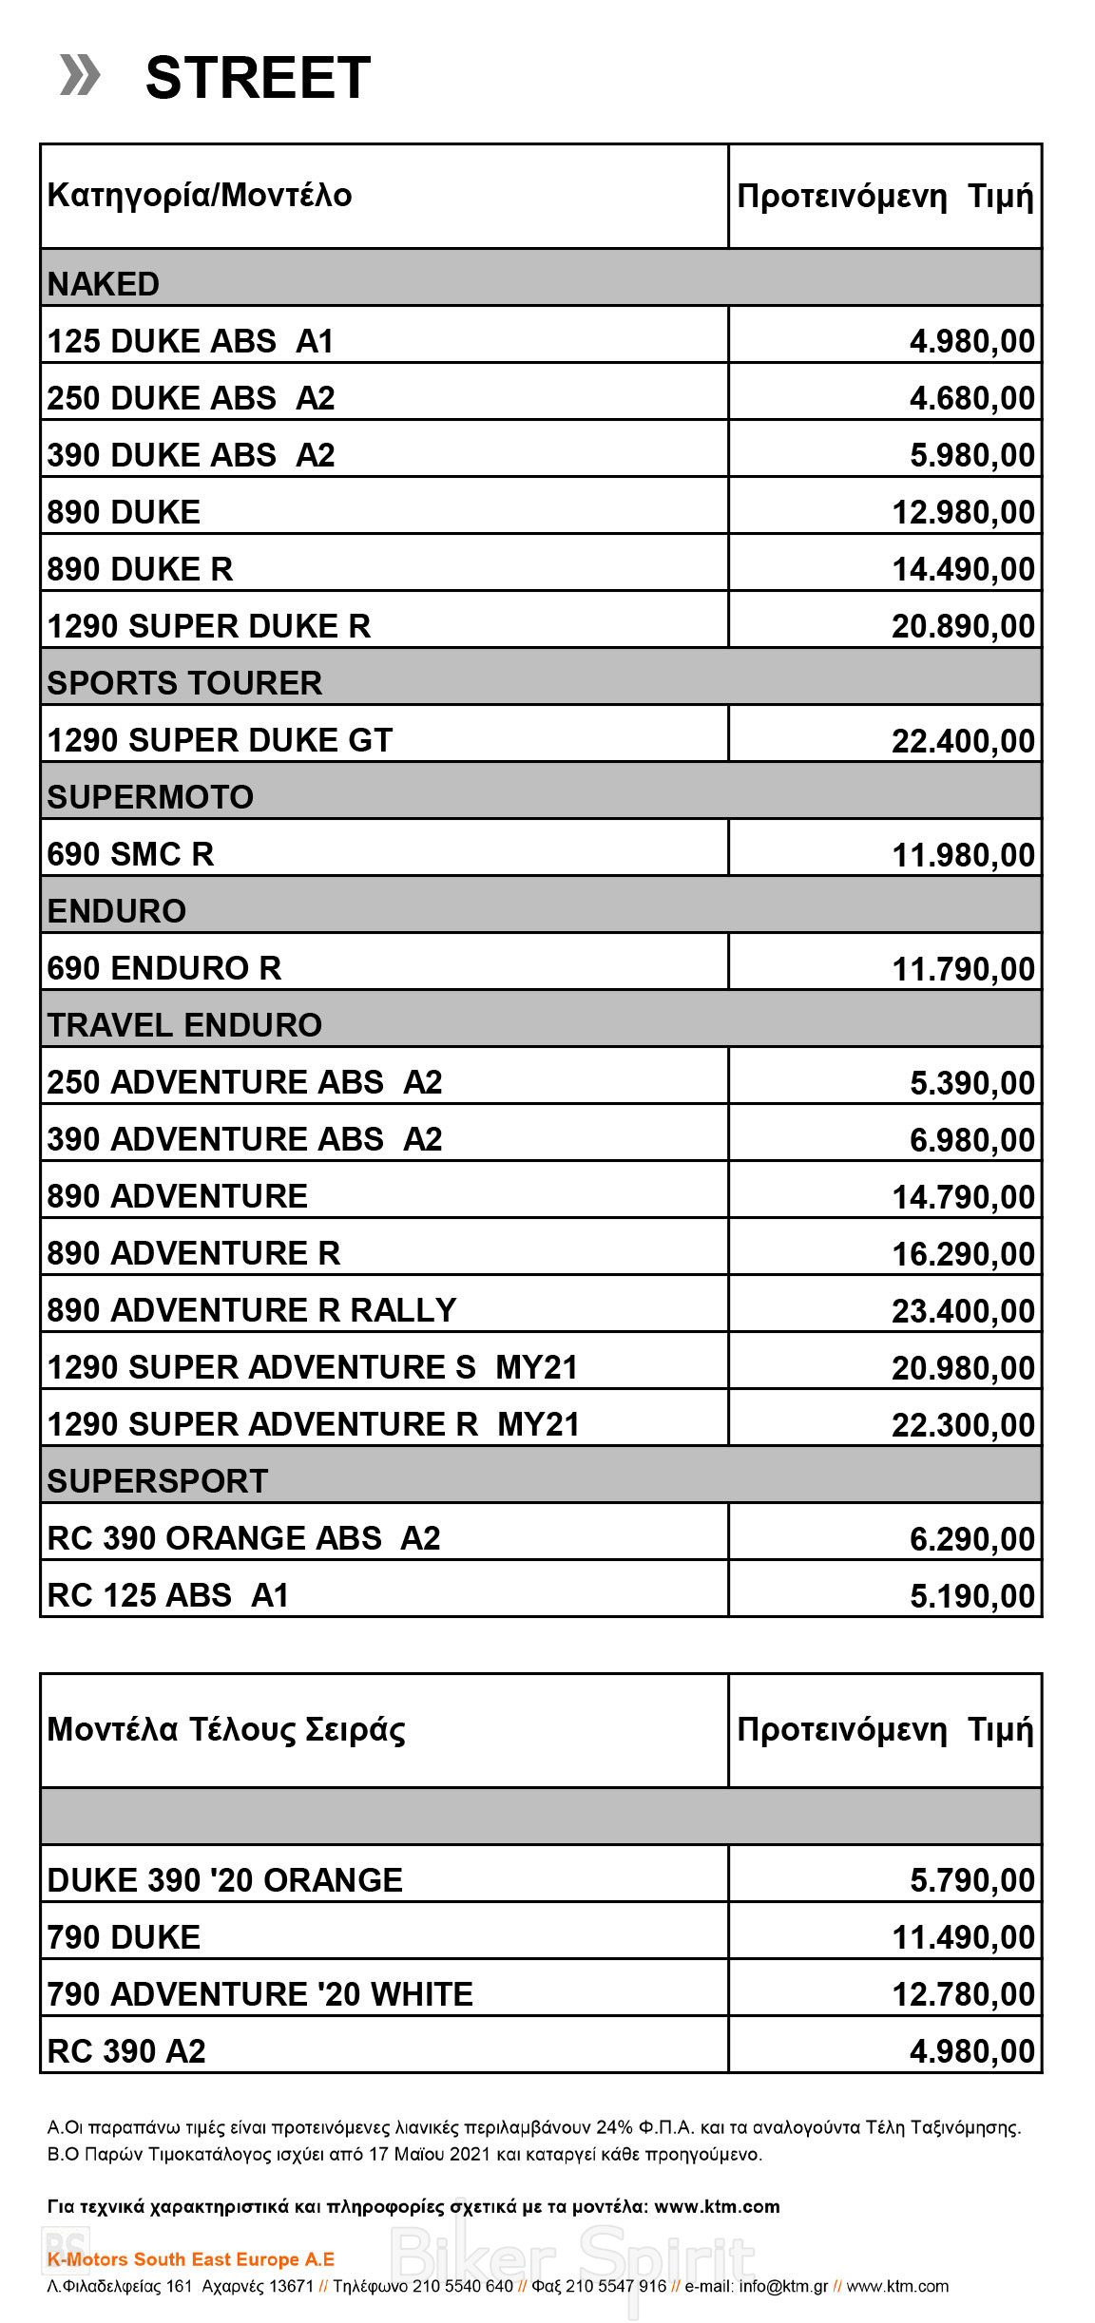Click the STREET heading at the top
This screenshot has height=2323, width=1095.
(258, 78)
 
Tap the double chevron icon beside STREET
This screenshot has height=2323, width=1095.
(80, 76)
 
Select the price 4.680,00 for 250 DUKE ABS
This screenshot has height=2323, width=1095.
(971, 398)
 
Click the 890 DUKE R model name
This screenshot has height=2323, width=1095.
(141, 569)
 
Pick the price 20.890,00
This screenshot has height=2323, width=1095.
(963, 626)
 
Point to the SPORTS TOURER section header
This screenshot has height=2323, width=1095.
(185, 683)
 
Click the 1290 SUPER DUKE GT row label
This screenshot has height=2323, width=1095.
(220, 740)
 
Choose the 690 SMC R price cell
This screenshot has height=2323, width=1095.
(963, 855)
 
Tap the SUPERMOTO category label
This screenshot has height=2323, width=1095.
(151, 797)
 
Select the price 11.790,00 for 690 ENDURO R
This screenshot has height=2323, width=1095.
(963, 969)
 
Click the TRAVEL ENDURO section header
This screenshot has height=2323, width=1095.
(185, 1025)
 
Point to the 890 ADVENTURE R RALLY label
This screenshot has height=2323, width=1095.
(252, 1310)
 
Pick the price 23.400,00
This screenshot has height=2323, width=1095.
(963, 1311)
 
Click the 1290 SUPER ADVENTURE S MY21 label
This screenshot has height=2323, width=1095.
(313, 1367)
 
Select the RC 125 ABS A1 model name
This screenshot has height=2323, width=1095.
(168, 1595)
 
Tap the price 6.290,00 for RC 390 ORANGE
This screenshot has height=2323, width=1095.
(971, 1539)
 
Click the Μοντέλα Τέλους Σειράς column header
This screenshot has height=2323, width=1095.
(226, 1729)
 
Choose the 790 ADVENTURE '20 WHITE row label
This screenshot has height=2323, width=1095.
(260, 1994)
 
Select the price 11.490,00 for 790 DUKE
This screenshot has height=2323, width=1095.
(963, 1938)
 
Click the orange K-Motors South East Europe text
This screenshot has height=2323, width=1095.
(191, 2259)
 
